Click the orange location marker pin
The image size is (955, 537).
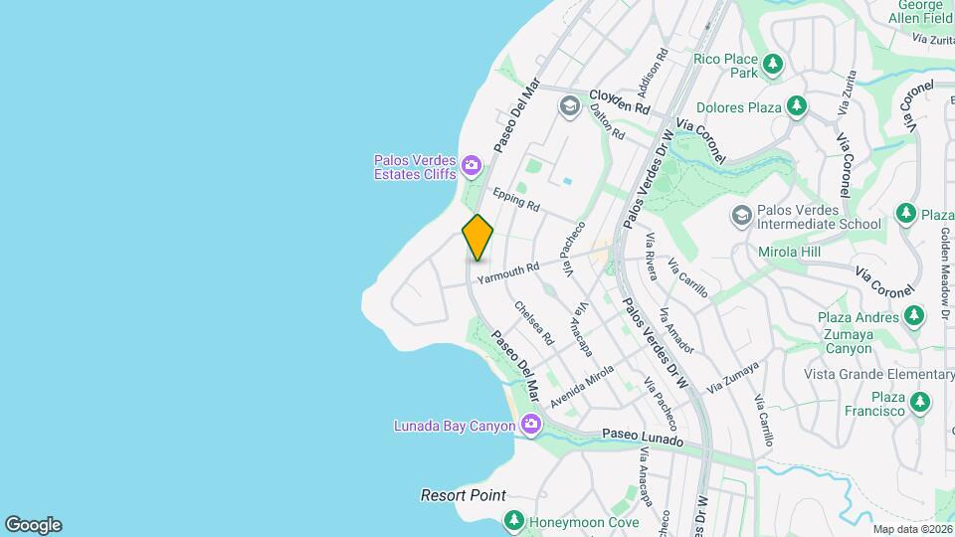[x=477, y=238]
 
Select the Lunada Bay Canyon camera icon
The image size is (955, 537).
[x=531, y=426]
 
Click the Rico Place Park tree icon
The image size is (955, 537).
[x=773, y=66]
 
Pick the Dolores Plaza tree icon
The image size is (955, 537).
[x=796, y=105]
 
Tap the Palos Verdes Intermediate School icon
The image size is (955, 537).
[x=741, y=215]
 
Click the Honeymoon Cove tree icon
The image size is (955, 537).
[x=513, y=520]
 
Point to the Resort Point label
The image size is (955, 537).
[x=463, y=495]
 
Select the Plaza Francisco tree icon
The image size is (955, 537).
[x=920, y=402]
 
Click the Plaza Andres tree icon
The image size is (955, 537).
[x=914, y=317]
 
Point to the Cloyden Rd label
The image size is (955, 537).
[x=619, y=100]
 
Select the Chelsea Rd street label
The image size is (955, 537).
[x=533, y=323]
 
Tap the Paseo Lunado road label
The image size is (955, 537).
[x=644, y=439]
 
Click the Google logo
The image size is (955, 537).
[x=33, y=524]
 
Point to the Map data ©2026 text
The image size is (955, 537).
[x=911, y=529]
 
